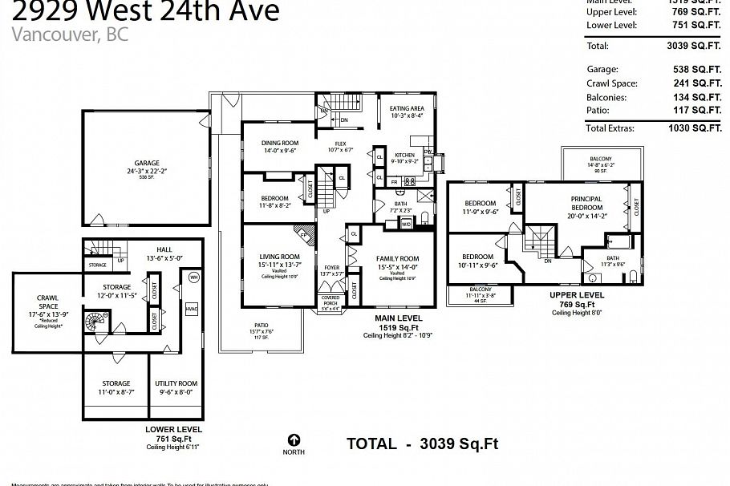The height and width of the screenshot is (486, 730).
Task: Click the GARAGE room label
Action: pos(146,163)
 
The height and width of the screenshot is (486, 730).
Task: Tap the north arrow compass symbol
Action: pos(294,440)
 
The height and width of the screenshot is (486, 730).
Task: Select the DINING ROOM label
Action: pos(280,143)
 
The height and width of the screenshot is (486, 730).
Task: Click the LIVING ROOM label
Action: pos(279,257)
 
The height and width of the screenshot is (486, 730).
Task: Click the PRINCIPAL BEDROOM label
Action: pos(586,203)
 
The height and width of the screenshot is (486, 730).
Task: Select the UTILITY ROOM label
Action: pos(176,384)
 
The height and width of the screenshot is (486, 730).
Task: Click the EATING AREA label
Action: pos(407,108)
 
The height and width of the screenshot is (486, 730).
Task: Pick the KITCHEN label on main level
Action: pos(404,154)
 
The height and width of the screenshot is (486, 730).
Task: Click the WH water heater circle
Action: pos(193,277)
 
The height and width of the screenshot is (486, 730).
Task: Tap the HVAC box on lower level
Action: pos(191,309)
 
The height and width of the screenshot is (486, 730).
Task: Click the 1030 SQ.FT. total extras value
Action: pos(694,128)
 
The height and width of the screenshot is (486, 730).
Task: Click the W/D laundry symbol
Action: pos(407,225)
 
